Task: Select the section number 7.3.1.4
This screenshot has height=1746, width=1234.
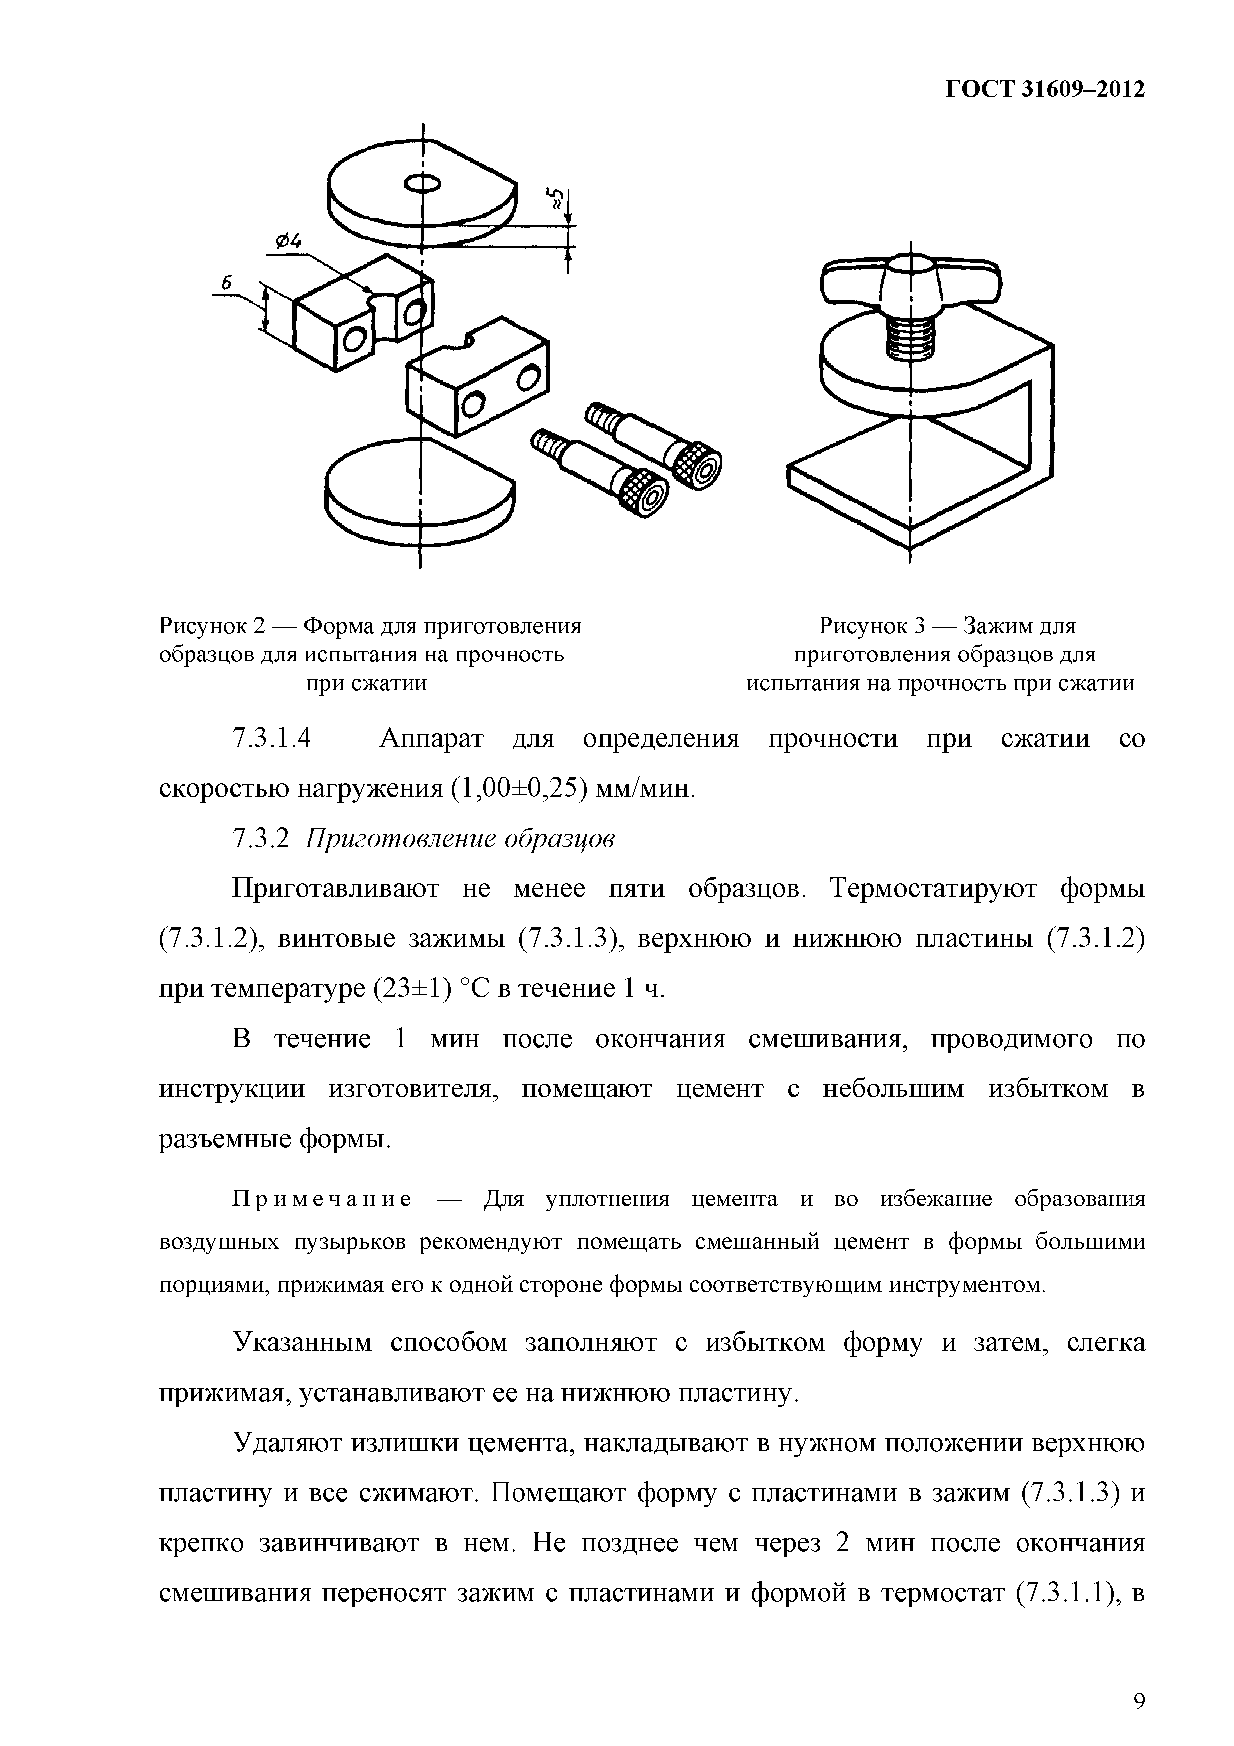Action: [271, 739]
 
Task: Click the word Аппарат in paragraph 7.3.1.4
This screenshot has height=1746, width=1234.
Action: [431, 739]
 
